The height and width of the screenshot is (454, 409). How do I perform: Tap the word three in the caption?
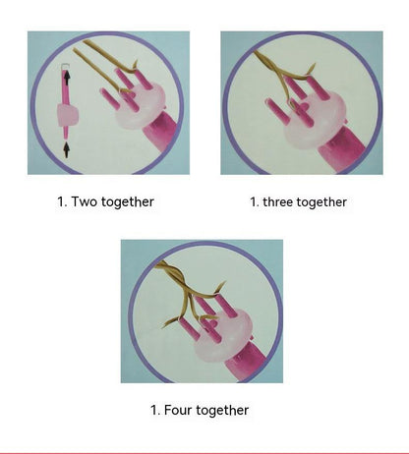(x=278, y=201)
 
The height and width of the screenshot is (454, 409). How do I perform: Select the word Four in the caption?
(x=178, y=410)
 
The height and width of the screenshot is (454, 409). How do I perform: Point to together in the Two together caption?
(x=128, y=201)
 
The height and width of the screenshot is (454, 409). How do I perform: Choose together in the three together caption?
(x=321, y=202)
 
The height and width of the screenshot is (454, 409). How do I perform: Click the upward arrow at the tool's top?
(x=67, y=79)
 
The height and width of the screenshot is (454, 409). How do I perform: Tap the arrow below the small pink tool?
(x=67, y=149)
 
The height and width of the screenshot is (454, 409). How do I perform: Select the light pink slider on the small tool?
(x=68, y=115)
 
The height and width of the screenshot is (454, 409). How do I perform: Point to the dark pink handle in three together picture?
(x=341, y=151)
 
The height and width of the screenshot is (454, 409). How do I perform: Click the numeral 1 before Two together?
(x=62, y=201)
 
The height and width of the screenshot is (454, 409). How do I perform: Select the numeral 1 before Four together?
(x=155, y=410)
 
